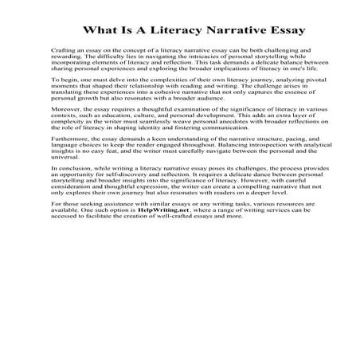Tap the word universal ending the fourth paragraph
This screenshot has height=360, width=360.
pyautogui.click(x=64, y=166)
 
